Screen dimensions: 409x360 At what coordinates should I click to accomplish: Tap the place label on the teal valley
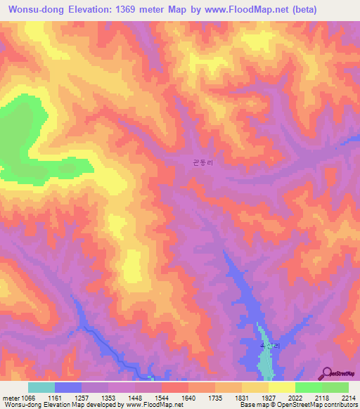270,346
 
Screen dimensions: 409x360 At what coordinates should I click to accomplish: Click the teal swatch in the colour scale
41,387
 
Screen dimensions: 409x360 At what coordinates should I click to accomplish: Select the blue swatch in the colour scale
67,387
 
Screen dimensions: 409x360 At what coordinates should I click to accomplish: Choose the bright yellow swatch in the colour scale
281,387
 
